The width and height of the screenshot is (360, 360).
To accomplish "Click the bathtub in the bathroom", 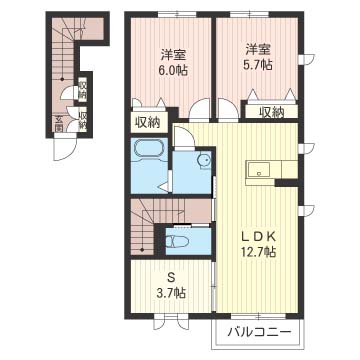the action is point(149,149).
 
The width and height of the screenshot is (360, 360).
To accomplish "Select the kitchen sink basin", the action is point(259,170).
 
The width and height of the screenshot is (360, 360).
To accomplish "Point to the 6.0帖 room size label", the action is point(173,71).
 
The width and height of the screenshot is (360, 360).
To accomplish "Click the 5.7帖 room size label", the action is point(258,65).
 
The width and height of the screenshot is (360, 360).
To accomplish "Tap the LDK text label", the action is point(258,237).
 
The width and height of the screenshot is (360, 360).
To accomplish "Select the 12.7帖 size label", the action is point(259,252).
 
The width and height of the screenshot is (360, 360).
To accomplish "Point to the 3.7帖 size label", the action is point(172,294).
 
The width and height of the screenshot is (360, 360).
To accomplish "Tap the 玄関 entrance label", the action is point(59,123).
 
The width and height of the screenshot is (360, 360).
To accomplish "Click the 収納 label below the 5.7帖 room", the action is point(272,111).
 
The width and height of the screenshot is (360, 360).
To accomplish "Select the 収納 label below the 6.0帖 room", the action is point(148,123).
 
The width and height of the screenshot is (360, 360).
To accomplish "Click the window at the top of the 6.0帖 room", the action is point(177,14).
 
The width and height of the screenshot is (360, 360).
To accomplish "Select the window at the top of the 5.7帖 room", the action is point(249,14).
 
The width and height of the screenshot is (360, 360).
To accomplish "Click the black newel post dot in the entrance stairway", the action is point(62,79).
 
